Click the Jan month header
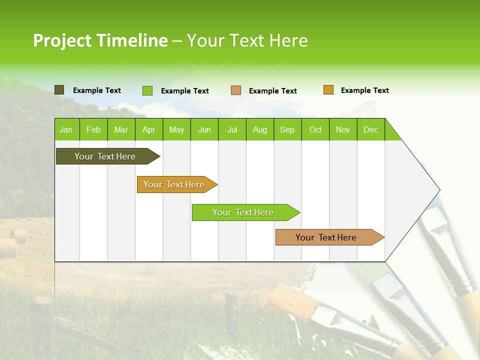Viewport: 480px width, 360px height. point(66,129)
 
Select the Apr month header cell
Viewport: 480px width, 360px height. point(149,129)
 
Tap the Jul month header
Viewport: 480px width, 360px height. point(232,129)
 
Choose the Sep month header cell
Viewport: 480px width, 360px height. point(287,129)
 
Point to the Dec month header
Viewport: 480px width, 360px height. point(370,129)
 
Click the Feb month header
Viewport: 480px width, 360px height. point(93,129)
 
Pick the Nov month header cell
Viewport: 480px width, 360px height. point(343,129)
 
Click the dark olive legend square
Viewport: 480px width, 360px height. point(59,90)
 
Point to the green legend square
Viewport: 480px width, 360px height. point(147,90)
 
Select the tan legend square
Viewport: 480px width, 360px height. point(236,90)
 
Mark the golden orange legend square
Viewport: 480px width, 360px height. point(328,90)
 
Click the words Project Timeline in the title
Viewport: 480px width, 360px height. point(100,40)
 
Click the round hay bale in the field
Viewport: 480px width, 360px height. point(20,236)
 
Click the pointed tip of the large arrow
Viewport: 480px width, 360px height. point(438,190)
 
